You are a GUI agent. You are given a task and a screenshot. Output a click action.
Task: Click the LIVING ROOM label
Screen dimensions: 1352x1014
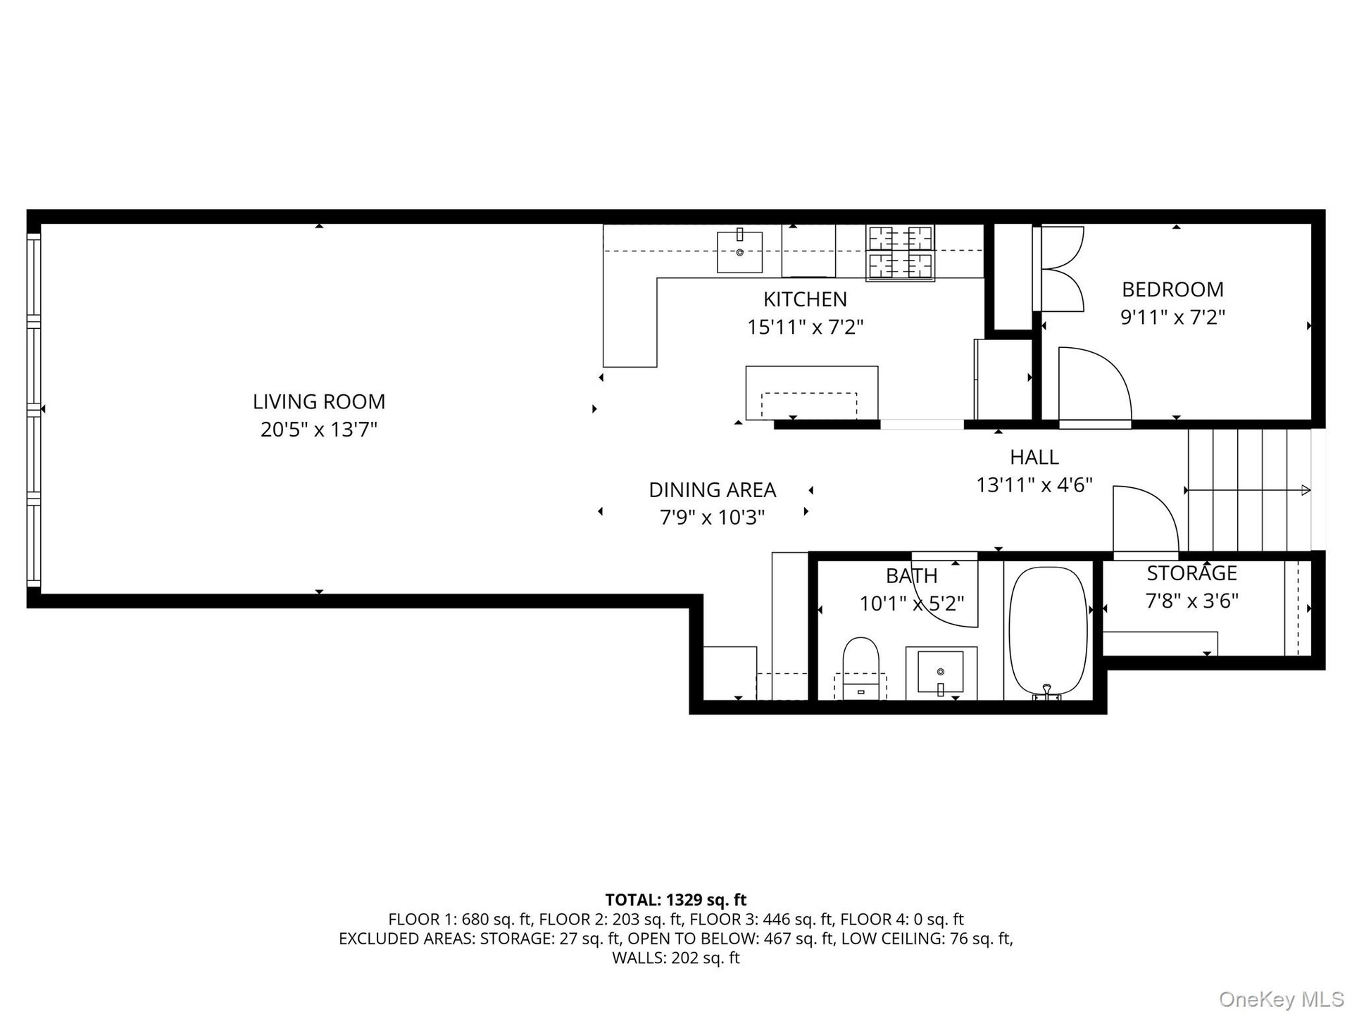(319, 401)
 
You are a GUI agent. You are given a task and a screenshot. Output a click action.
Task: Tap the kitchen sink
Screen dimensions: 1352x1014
(739, 251)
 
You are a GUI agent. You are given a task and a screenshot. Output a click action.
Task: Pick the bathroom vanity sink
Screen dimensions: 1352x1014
(941, 672)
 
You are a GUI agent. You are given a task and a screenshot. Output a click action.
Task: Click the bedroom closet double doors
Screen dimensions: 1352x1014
(1059, 268)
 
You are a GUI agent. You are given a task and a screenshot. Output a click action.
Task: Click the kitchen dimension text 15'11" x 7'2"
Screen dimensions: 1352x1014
(805, 327)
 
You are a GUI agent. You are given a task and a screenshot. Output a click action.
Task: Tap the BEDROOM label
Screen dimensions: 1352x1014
(1172, 289)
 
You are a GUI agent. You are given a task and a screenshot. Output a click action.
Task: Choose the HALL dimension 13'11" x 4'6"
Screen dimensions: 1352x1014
(1034, 485)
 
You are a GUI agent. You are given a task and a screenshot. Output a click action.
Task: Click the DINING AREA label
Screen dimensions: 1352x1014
(712, 489)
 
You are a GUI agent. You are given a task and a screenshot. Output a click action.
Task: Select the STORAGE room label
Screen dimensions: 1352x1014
(1191, 573)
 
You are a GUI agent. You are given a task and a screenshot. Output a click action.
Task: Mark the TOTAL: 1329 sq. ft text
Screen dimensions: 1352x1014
(675, 900)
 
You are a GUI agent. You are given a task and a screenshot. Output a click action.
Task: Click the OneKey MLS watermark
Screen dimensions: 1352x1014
(1281, 999)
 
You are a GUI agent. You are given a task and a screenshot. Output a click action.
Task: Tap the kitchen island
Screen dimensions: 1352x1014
(811, 393)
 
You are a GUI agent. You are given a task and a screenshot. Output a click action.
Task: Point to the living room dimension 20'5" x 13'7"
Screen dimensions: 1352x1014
(319, 430)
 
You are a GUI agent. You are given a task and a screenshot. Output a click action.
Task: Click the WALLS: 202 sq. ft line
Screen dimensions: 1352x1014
(675, 958)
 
